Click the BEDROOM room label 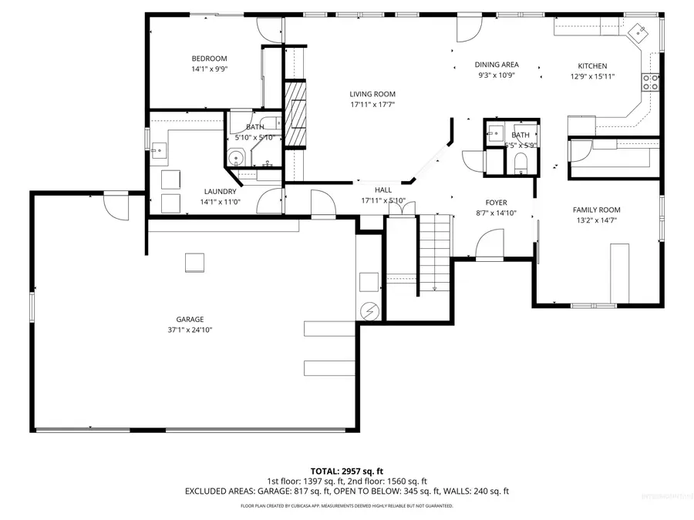209,59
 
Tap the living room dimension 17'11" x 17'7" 372,105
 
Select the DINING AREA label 497,65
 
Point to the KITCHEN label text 592,66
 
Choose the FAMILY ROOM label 596,210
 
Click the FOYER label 496,203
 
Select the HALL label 383,190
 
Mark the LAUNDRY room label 220,192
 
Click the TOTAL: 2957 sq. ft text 346,470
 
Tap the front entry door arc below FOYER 490,247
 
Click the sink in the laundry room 160,149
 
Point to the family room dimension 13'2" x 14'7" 596,220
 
